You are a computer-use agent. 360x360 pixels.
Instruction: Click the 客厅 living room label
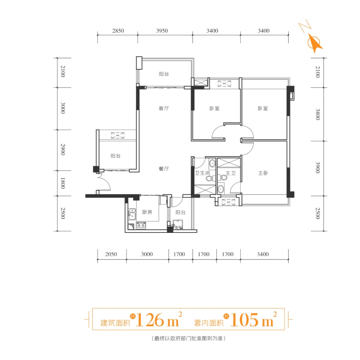coord(164,108)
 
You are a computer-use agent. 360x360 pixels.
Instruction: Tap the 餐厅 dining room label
coord(164,169)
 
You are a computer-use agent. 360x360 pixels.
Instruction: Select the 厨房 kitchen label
coord(147,212)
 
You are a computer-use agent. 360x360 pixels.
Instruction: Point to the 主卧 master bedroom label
coord(263,173)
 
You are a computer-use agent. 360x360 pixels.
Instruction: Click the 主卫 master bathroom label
coord(231,173)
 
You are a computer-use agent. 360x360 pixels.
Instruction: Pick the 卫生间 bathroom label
coord(202,173)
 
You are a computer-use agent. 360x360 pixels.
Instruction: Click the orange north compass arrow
coord(315,43)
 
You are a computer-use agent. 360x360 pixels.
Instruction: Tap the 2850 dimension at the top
coord(118,31)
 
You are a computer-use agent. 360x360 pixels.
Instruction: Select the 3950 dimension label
coord(162,31)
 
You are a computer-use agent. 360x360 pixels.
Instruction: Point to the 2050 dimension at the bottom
coord(111,254)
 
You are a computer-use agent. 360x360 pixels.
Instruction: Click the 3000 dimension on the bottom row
coord(147,254)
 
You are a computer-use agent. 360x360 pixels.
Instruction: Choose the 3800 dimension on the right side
coord(318,114)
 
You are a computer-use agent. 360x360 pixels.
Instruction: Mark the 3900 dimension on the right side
coord(318,168)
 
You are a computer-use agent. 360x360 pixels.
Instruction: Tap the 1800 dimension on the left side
coord(63,183)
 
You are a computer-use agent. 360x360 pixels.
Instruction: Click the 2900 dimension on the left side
coord(63,149)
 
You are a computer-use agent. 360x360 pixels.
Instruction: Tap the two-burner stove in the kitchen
coord(141,226)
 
